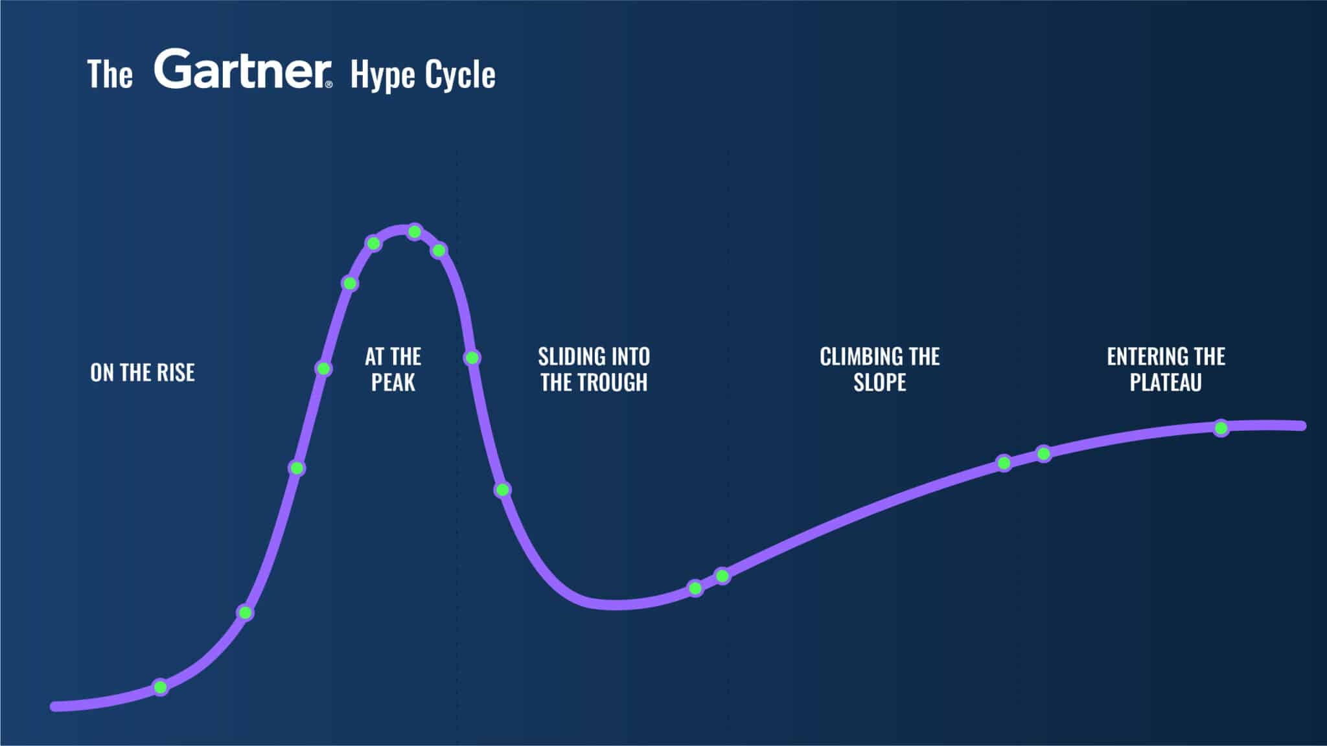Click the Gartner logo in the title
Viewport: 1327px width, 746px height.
pos(241,69)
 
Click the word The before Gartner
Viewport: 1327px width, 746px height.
pos(110,74)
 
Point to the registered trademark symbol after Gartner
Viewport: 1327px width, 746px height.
pos(329,84)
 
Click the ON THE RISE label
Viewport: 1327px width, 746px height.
pos(143,372)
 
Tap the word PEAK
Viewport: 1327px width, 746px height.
pos(393,382)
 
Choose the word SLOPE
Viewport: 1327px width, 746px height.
pos(879,382)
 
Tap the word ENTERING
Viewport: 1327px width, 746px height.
pos(1146,356)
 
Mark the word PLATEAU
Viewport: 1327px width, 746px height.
pos(1166,382)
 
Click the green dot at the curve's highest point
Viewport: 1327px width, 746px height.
pos(415,232)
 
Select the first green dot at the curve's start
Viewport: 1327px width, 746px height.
pos(161,687)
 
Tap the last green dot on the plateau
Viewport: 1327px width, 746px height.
pos(1221,428)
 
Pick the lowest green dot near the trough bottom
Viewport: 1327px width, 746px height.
pos(695,589)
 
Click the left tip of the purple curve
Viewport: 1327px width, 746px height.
pos(55,706)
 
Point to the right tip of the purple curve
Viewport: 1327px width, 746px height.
pos(1302,426)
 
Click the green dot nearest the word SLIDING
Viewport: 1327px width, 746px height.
pos(472,357)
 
